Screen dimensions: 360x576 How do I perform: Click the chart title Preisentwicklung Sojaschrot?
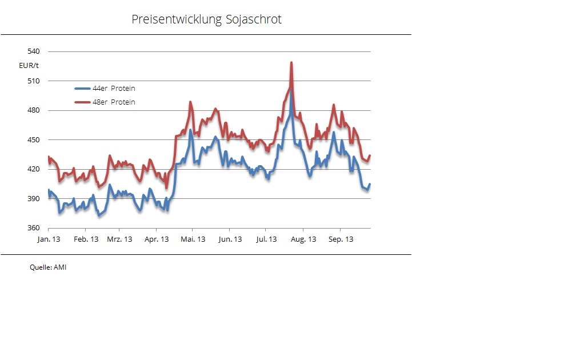[206, 19]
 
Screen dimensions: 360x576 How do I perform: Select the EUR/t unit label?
[29, 66]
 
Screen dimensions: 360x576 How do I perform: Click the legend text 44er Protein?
[114, 89]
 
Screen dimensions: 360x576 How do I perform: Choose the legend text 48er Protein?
[114, 102]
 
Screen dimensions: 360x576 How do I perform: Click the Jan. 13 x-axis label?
[49, 239]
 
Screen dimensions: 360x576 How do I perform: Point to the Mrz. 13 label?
[120, 239]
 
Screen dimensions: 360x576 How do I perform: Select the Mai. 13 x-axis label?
[193, 239]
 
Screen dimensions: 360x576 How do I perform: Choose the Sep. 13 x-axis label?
[340, 239]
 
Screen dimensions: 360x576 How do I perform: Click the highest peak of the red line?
[291, 63]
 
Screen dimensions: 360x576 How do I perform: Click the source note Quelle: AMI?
[48, 267]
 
